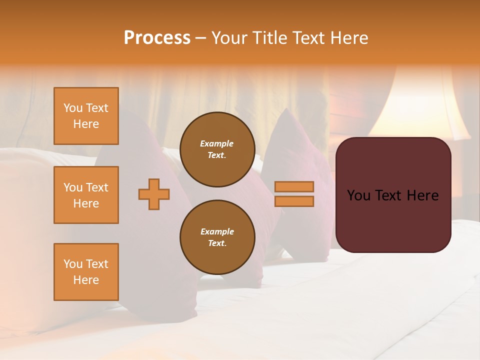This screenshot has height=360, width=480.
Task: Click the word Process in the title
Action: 157,38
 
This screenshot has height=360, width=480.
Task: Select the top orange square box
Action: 86,116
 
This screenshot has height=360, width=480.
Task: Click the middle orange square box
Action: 86,195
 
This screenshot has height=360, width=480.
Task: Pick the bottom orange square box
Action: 86,272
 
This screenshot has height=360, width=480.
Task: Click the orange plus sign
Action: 154,194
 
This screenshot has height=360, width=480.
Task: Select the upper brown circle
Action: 217,149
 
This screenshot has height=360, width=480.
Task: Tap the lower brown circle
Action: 217,237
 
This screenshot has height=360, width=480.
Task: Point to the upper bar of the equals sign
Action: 294,186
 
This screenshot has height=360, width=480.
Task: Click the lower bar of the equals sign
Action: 294,201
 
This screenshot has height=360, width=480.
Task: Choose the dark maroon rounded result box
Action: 393,194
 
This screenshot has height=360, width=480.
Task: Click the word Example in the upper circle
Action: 217,143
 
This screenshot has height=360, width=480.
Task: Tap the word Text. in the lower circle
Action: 217,243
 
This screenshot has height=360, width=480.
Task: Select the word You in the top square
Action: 72,108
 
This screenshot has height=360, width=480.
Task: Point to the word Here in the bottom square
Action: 86,280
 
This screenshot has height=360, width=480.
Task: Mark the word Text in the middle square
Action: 98,187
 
